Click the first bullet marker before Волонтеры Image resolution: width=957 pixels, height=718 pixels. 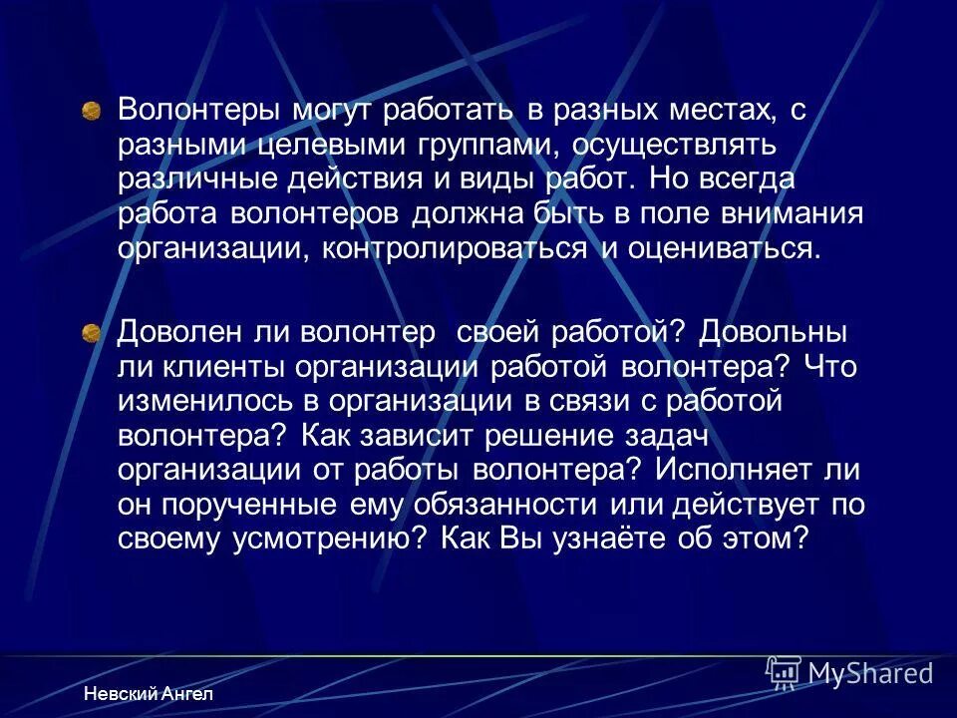91,110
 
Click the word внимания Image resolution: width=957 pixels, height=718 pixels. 775,214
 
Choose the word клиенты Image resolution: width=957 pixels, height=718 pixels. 215,366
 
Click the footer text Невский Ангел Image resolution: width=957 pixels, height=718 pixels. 149,694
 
